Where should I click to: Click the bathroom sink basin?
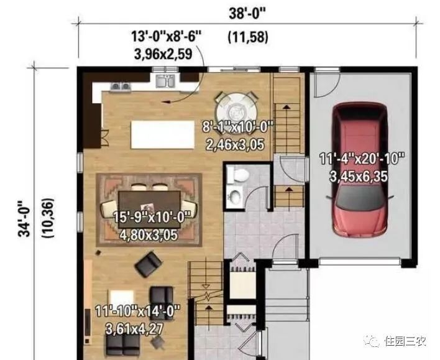click(x=235, y=195)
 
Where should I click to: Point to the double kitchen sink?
click(x=165, y=81)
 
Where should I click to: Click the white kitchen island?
click(x=163, y=134)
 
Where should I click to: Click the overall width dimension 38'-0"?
click(x=247, y=14)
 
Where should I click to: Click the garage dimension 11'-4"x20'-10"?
click(x=362, y=159)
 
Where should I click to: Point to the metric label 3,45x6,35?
click(x=359, y=177)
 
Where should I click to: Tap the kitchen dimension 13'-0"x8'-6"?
click(x=167, y=36)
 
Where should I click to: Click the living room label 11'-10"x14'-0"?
click(x=137, y=311)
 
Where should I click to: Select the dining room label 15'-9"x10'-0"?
click(x=152, y=217)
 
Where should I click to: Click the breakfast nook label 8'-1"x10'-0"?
click(x=237, y=127)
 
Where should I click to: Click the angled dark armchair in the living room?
click(x=149, y=264)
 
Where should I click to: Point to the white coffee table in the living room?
click(x=122, y=298)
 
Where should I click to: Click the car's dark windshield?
click(x=360, y=197)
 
